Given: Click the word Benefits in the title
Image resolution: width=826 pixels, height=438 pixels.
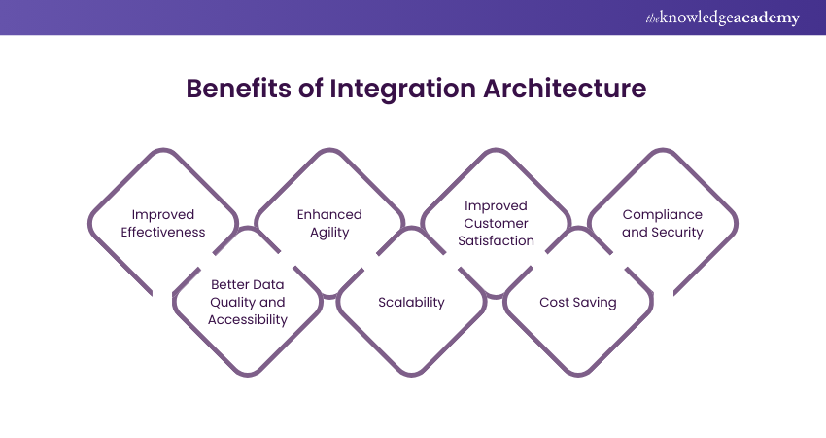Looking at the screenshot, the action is tap(239, 89).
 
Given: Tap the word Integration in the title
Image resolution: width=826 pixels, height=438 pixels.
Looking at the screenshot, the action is tap(403, 90).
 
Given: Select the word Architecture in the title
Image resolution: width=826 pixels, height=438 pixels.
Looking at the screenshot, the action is tap(565, 89).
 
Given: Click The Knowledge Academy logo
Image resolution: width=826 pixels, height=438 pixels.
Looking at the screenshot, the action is tap(722, 18).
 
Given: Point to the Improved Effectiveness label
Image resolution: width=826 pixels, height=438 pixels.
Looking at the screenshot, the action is tap(163, 223).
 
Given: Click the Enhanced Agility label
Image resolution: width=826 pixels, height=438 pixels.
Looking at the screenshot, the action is tap(329, 223).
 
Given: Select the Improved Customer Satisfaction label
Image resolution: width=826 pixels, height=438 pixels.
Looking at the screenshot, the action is tap(496, 223).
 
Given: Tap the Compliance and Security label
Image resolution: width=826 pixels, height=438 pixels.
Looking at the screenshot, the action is tap(662, 223).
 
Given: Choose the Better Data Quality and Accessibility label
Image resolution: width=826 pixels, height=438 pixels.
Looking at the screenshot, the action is tap(248, 303).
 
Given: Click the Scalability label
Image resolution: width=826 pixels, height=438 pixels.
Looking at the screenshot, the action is tap(411, 303).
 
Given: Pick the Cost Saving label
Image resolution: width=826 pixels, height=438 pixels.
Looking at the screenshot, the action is tap(578, 303).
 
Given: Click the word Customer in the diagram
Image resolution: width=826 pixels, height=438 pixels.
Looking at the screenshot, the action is tap(496, 223).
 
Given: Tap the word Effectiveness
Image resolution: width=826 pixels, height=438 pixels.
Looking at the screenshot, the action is tap(163, 233).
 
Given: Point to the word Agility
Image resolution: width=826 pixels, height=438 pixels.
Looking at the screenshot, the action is tap(329, 234).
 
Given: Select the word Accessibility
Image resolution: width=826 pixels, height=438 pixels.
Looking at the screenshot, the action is tap(248, 320).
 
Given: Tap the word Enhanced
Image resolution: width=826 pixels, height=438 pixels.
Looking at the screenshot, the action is tap(329, 215).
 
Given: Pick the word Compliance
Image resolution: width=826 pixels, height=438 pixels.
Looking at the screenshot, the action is tap(662, 215).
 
